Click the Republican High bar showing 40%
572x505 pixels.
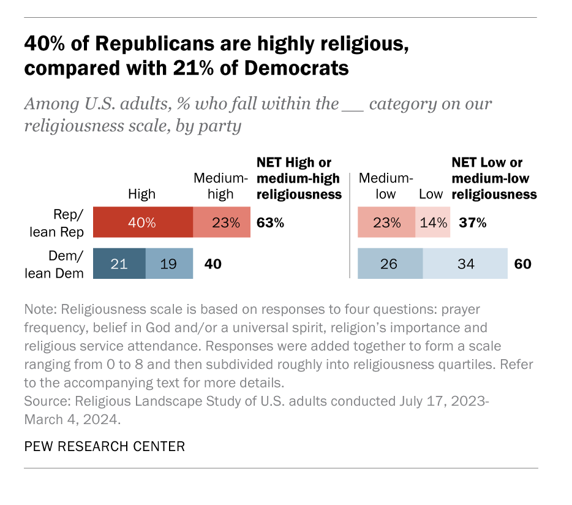142,222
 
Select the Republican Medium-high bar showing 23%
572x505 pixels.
222,222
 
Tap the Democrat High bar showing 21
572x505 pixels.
119,264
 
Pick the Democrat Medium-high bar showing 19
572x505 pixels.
169,264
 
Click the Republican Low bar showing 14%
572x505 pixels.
433,222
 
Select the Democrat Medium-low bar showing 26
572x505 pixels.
389,264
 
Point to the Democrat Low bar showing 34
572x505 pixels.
465,264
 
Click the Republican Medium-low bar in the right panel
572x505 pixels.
386,222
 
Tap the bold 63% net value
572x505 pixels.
270,222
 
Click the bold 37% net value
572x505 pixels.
473,222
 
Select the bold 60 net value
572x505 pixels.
522,264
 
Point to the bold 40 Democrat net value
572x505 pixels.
212,264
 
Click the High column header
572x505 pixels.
141,194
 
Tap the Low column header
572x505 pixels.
431,194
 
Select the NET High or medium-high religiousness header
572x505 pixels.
298,178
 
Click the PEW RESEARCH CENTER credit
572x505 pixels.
104,446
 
